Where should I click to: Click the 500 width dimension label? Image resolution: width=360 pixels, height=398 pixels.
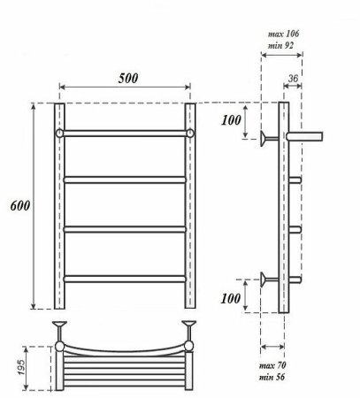127,77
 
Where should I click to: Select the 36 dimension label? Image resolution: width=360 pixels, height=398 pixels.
294,80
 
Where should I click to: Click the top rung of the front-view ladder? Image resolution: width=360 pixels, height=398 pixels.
125,134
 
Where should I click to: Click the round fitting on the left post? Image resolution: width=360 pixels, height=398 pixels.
60,134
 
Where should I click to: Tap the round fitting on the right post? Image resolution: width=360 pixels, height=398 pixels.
190,134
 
